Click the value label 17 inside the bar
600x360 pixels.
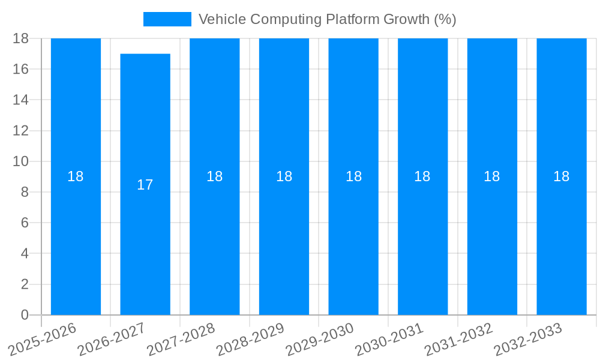(x=145, y=185)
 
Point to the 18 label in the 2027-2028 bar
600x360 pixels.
(x=215, y=176)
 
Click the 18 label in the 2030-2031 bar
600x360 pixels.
(x=422, y=176)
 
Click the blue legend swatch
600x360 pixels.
(x=167, y=19)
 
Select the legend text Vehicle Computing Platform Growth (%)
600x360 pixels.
(x=327, y=19)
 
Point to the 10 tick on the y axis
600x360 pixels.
(x=20, y=161)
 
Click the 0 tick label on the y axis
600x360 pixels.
(x=25, y=315)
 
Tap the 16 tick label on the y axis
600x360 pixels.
(x=20, y=69)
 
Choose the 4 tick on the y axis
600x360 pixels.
(x=25, y=254)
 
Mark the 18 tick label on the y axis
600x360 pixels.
(x=20, y=38)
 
